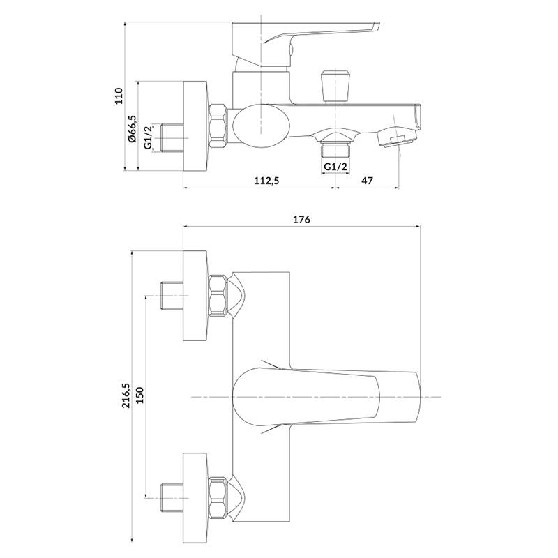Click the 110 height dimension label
119,96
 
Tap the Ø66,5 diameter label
133,128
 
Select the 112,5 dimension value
266,181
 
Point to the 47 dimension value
367,181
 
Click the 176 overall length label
301,219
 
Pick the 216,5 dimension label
126,395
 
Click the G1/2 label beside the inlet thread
149,137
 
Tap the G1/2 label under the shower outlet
335,166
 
